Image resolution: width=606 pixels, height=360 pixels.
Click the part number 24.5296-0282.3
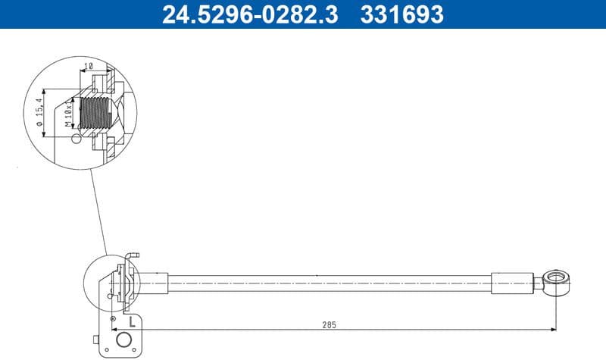click(250, 14)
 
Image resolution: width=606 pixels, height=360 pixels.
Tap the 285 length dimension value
click(330, 324)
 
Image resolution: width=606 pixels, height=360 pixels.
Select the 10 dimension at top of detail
click(89, 67)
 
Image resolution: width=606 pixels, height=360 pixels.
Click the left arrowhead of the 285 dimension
click(145, 330)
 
